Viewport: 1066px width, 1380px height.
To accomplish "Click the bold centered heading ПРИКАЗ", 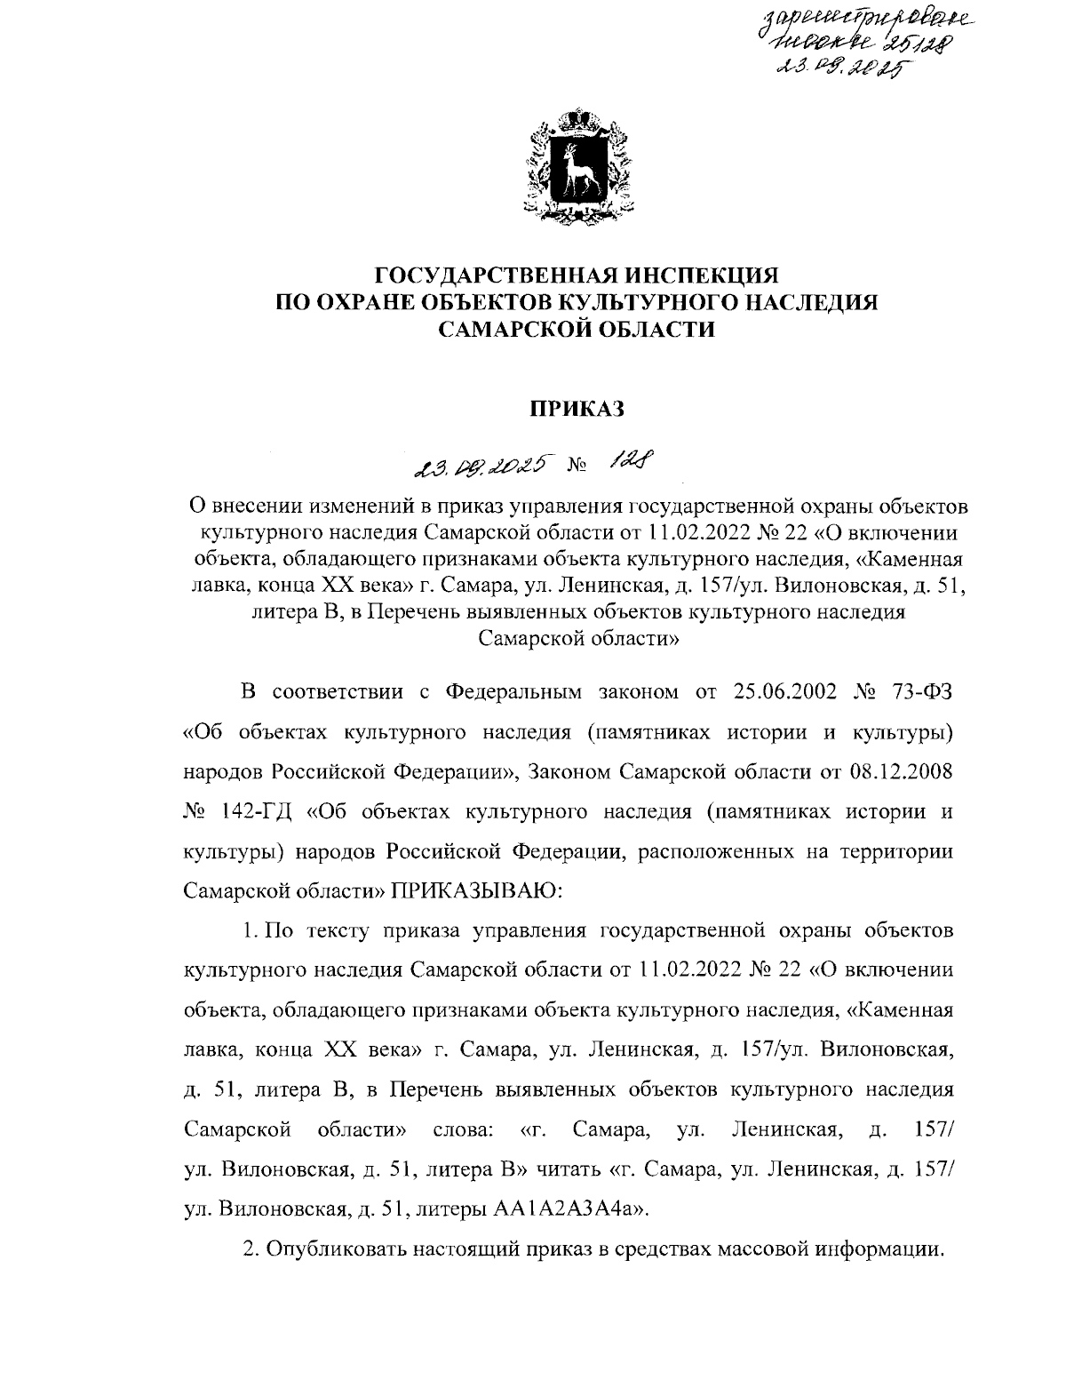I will (577, 409).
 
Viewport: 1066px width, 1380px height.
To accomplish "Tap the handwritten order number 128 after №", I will (632, 459).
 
